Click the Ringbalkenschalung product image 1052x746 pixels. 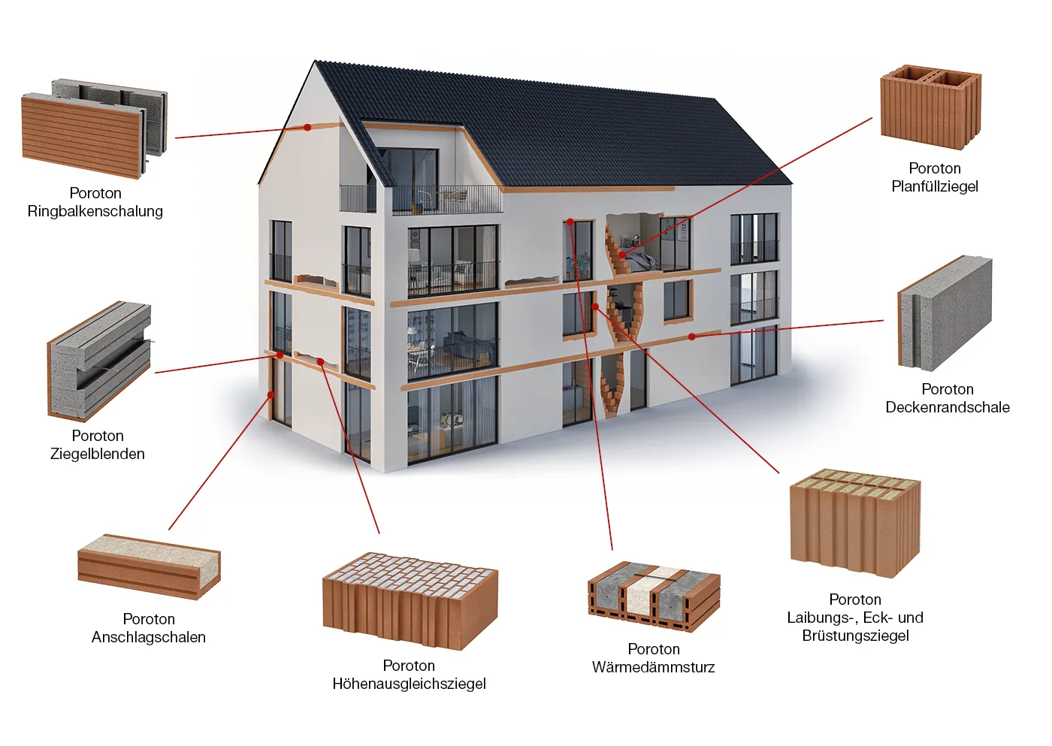(x=95, y=128)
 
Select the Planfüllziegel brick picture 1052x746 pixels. (x=930, y=107)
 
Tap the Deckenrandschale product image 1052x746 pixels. (x=945, y=313)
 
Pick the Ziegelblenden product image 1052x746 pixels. (x=99, y=361)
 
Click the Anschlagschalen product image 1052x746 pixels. (x=149, y=566)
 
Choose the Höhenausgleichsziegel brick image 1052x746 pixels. (x=410, y=601)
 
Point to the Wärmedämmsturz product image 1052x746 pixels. (x=654, y=596)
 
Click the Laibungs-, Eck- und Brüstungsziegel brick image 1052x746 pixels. (x=855, y=523)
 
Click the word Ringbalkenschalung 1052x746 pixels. (x=95, y=211)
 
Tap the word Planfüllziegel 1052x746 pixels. (x=935, y=186)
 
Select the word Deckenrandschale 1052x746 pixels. (x=948, y=407)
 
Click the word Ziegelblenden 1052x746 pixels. (x=98, y=454)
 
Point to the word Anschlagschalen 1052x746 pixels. (x=149, y=637)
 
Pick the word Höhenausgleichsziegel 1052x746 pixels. (x=409, y=684)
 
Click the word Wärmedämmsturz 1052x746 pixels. (x=653, y=667)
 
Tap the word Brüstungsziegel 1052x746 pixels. (x=855, y=636)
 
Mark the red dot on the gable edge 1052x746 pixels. (x=307, y=127)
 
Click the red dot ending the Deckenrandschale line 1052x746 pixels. (x=692, y=337)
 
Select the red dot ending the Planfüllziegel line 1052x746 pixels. (x=622, y=255)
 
